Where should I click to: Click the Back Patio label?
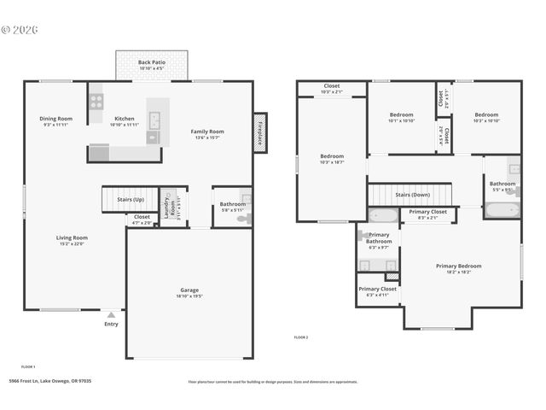coord(153,63)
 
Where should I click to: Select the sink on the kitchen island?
coord(153,136)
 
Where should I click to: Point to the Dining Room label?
coord(55,119)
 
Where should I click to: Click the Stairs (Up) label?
coord(131,199)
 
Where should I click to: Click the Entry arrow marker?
coord(111,315)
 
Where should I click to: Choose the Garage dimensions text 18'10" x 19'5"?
coord(189,296)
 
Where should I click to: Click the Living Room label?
coord(72,238)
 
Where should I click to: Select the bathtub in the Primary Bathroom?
coord(382,215)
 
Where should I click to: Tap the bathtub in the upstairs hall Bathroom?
coord(502,208)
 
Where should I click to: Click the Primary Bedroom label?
coord(460,266)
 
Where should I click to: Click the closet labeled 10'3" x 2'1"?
coord(332,88)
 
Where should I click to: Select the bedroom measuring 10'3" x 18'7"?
coord(332,159)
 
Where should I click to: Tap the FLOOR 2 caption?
coord(301,337)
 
